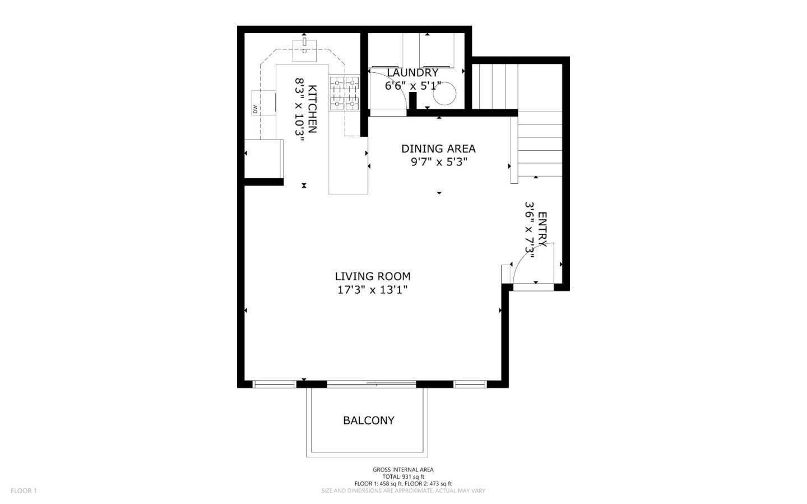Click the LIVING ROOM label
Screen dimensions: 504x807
tap(372, 276)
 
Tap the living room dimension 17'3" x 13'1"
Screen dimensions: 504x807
tap(372, 290)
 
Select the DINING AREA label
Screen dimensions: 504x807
tap(438, 149)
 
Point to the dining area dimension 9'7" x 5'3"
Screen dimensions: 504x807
tap(438, 162)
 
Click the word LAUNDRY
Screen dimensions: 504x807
tap(412, 73)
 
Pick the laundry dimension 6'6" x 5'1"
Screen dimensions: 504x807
tap(412, 86)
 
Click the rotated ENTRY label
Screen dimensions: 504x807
tap(542, 229)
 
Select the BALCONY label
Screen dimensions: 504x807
tap(369, 420)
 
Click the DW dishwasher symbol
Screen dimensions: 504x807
tap(256, 109)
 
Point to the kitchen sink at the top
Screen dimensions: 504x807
tap(304, 50)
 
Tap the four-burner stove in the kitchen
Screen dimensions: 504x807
tap(344, 93)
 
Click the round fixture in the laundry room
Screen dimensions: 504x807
tap(444, 95)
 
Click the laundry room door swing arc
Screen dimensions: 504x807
tap(395, 84)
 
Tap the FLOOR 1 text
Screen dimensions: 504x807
tap(24, 491)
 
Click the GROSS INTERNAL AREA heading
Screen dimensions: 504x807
tap(403, 470)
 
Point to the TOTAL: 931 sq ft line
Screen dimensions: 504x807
tap(403, 477)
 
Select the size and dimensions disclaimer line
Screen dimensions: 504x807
tap(403, 491)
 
